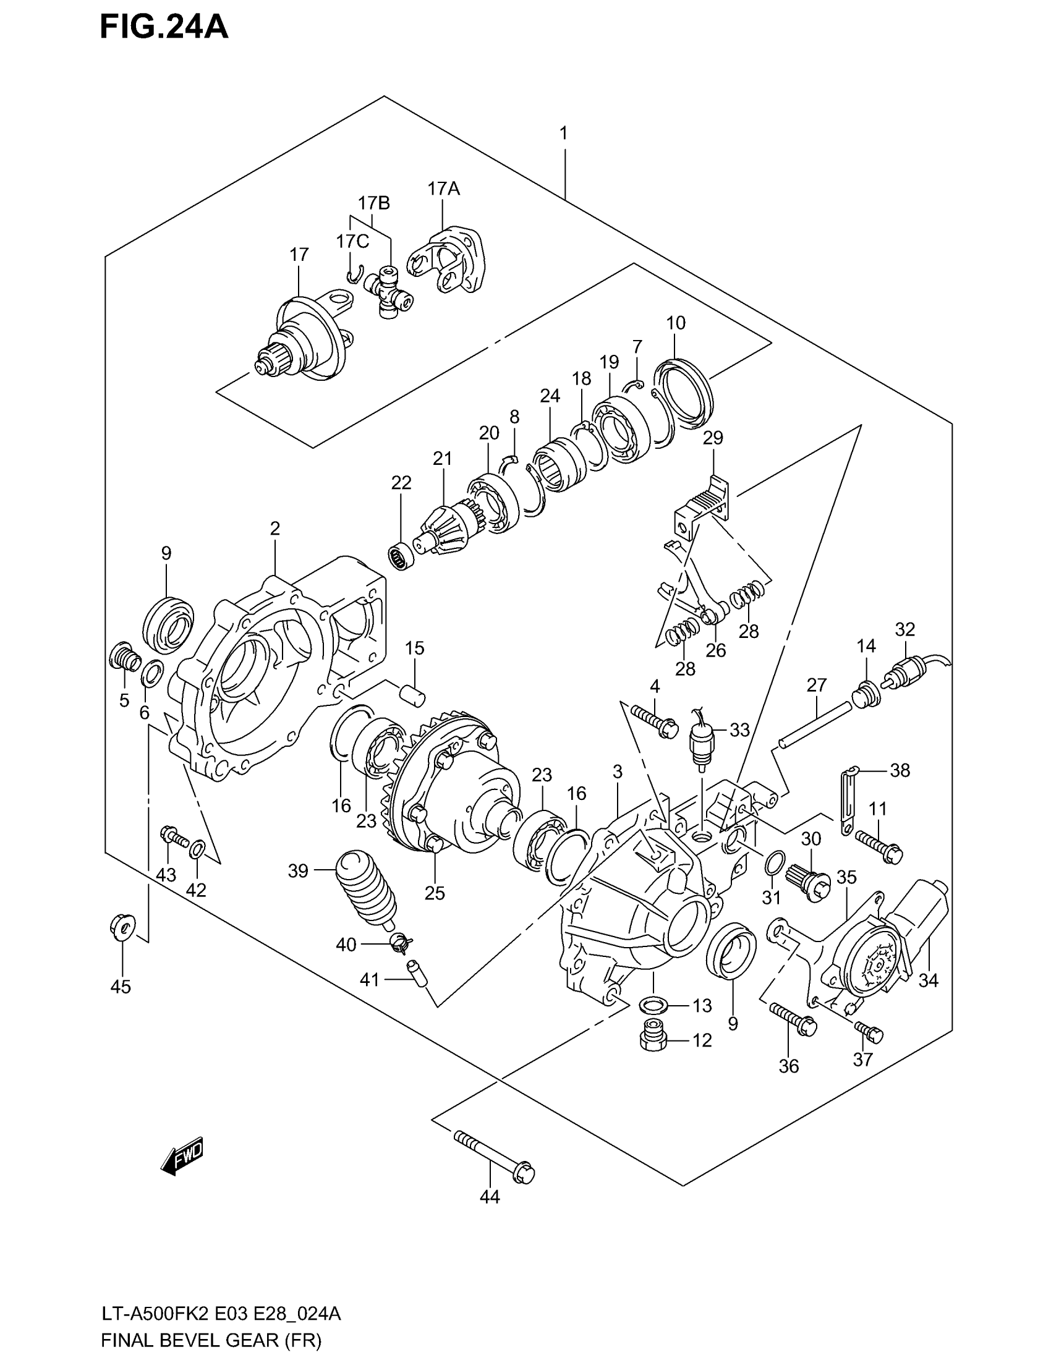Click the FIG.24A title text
164,28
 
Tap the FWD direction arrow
182,1158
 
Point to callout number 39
298,870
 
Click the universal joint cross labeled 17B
388,294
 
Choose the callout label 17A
443,189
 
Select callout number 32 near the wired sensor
904,629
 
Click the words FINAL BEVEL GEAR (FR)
211,1340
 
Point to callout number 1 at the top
563,134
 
